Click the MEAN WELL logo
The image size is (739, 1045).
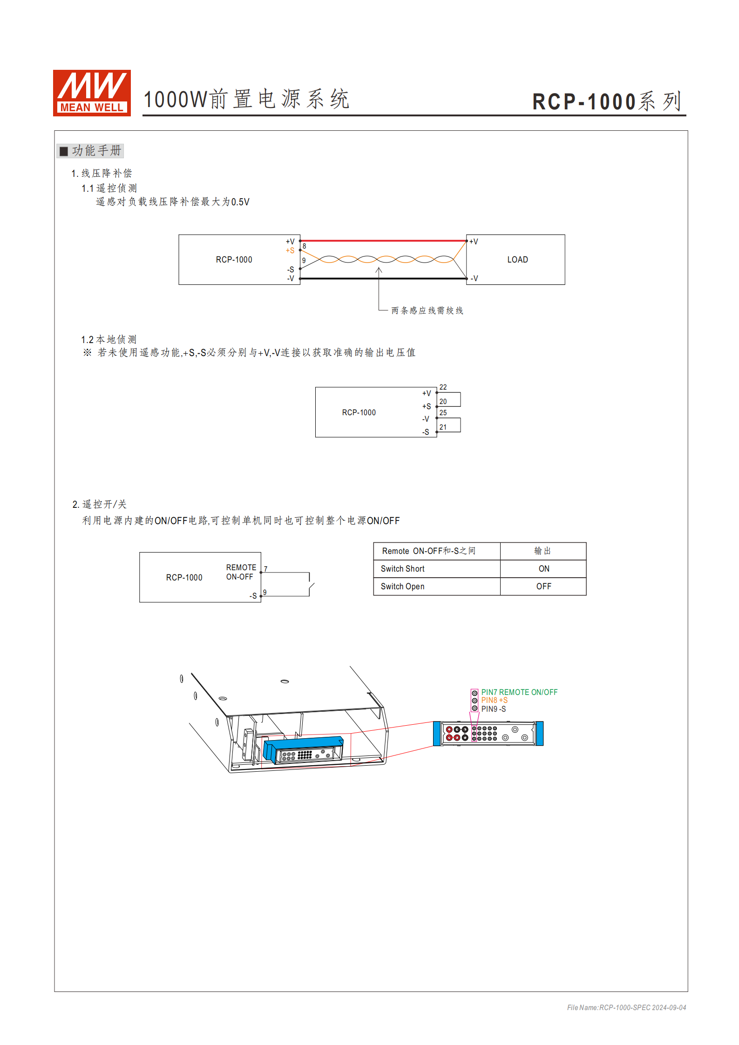tap(92, 93)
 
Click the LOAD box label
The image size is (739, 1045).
tap(517, 260)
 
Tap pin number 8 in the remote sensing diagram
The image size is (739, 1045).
tap(305, 246)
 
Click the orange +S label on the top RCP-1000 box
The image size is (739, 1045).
tap(290, 250)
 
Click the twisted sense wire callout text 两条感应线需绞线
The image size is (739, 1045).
tap(427, 310)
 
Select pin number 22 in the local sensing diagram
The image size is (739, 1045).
tap(443, 387)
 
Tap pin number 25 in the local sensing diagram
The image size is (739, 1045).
tap(443, 413)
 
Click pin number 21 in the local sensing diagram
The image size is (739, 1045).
tap(443, 427)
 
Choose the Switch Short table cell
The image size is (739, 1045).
tap(403, 569)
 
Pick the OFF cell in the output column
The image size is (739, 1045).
tap(543, 587)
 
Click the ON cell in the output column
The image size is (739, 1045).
tap(543, 569)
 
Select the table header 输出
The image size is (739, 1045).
tap(542, 551)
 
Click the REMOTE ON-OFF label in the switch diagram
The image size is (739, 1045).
tap(241, 572)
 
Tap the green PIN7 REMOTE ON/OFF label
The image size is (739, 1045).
tap(519, 692)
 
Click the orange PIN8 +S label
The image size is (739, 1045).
tap(495, 700)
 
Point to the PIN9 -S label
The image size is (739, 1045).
tap(494, 709)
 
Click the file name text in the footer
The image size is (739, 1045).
tap(626, 1007)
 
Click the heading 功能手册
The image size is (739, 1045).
tap(96, 150)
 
